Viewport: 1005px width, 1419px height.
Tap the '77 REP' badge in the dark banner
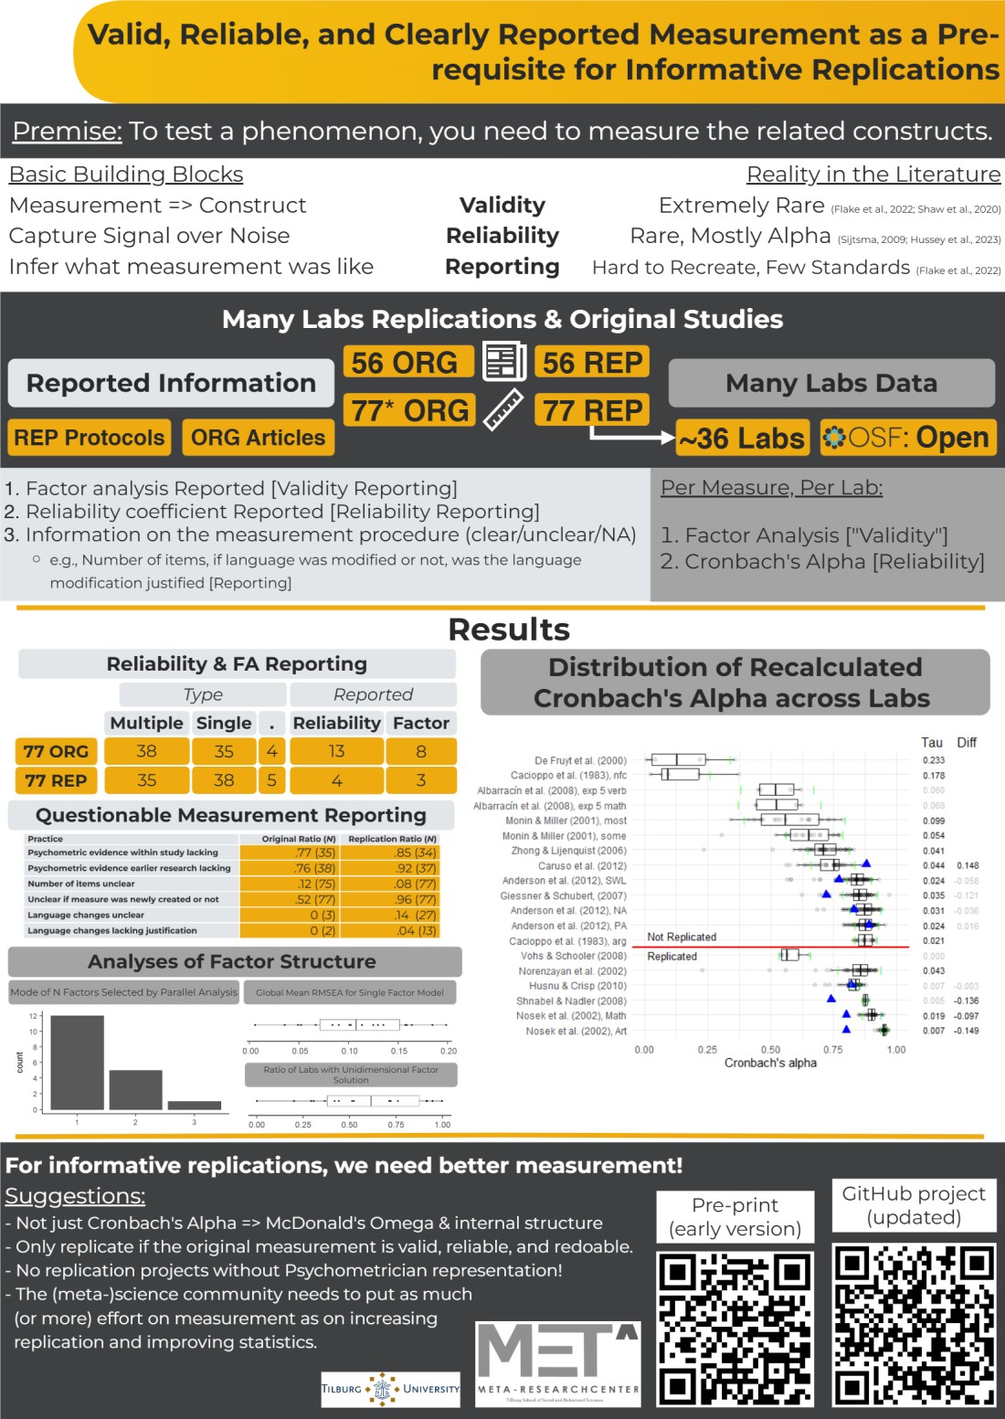pyautogui.click(x=592, y=410)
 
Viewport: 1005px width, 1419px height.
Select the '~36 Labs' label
pyautogui.click(x=742, y=439)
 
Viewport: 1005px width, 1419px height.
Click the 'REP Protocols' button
pyautogui.click(x=90, y=438)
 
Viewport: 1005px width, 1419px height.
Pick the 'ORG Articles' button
pyautogui.click(x=258, y=438)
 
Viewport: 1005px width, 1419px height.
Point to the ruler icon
pyautogui.click(x=503, y=409)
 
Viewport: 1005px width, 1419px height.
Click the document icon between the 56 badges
pyautogui.click(x=503, y=362)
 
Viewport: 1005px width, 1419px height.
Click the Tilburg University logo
pyautogui.click(x=390, y=1389)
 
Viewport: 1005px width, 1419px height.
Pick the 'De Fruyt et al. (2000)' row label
pyautogui.click(x=580, y=760)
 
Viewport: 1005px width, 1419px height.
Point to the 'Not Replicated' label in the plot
pyautogui.click(x=682, y=937)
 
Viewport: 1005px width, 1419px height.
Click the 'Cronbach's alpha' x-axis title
pyautogui.click(x=770, y=1063)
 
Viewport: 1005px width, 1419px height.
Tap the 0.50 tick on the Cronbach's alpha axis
pyautogui.click(x=770, y=1050)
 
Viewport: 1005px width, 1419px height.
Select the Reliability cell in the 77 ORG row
pyautogui.click(x=336, y=751)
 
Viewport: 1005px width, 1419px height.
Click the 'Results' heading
pyautogui.click(x=509, y=630)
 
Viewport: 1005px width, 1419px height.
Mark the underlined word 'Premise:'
pyautogui.click(x=67, y=131)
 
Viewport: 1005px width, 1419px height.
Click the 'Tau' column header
pyautogui.click(x=931, y=742)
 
